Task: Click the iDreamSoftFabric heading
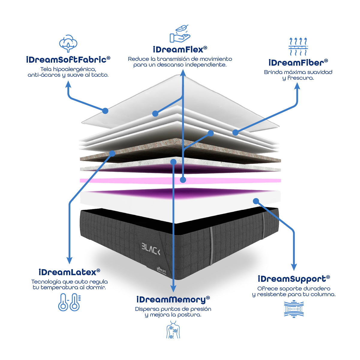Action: (68, 60)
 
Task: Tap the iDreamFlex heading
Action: (180, 49)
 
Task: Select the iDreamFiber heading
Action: (298, 63)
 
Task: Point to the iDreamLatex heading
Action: (69, 272)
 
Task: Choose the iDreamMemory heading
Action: (173, 300)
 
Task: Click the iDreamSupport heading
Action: (294, 279)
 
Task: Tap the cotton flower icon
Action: (68, 43)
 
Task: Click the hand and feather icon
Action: (180, 34)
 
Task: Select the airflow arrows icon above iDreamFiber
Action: (298, 46)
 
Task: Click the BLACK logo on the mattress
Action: (151, 249)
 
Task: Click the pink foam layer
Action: (180, 181)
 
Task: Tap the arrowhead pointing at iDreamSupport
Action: (294, 267)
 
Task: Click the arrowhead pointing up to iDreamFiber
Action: (297, 86)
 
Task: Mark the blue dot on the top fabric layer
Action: (106, 111)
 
